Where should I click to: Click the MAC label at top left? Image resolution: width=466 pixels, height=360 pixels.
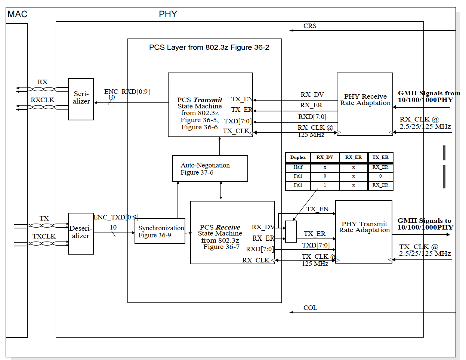pyautogui.click(x=17, y=14)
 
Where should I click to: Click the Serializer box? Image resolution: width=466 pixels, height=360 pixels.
pyautogui.click(x=81, y=99)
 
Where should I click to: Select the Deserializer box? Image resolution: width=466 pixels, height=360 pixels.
pyautogui.click(x=81, y=234)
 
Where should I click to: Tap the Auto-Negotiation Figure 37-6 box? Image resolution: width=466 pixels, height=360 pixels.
pyautogui.click(x=210, y=169)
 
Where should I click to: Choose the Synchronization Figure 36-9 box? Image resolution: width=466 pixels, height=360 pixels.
pyautogui.click(x=160, y=231)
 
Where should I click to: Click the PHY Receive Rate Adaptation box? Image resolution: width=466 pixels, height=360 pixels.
pyautogui.click(x=365, y=104)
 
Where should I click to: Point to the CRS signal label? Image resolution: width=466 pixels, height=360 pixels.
pyautogui.click(x=310, y=26)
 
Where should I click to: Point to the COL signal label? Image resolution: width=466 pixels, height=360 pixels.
pyautogui.click(x=310, y=308)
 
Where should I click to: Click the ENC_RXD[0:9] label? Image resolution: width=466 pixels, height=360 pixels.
pyautogui.click(x=127, y=92)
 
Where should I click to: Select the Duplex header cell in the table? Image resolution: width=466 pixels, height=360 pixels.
pyautogui.click(x=298, y=157)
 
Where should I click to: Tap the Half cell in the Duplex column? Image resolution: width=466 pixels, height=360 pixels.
pyautogui.click(x=298, y=167)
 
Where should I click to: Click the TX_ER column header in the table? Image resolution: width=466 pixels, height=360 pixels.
pyautogui.click(x=380, y=157)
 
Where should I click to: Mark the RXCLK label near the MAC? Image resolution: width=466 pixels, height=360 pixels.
pyautogui.click(x=42, y=100)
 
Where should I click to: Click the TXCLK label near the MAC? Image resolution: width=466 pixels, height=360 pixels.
pyautogui.click(x=44, y=236)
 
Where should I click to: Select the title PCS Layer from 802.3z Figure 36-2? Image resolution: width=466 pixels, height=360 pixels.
pyautogui.click(x=209, y=47)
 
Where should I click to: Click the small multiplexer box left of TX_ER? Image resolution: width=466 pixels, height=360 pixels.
pyautogui.click(x=291, y=231)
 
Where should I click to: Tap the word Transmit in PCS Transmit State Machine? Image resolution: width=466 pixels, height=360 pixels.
pyautogui.click(x=207, y=100)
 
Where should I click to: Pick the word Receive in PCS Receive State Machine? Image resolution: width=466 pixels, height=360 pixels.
pyautogui.click(x=228, y=227)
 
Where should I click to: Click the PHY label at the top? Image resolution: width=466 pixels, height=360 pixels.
pyautogui.click(x=168, y=14)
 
